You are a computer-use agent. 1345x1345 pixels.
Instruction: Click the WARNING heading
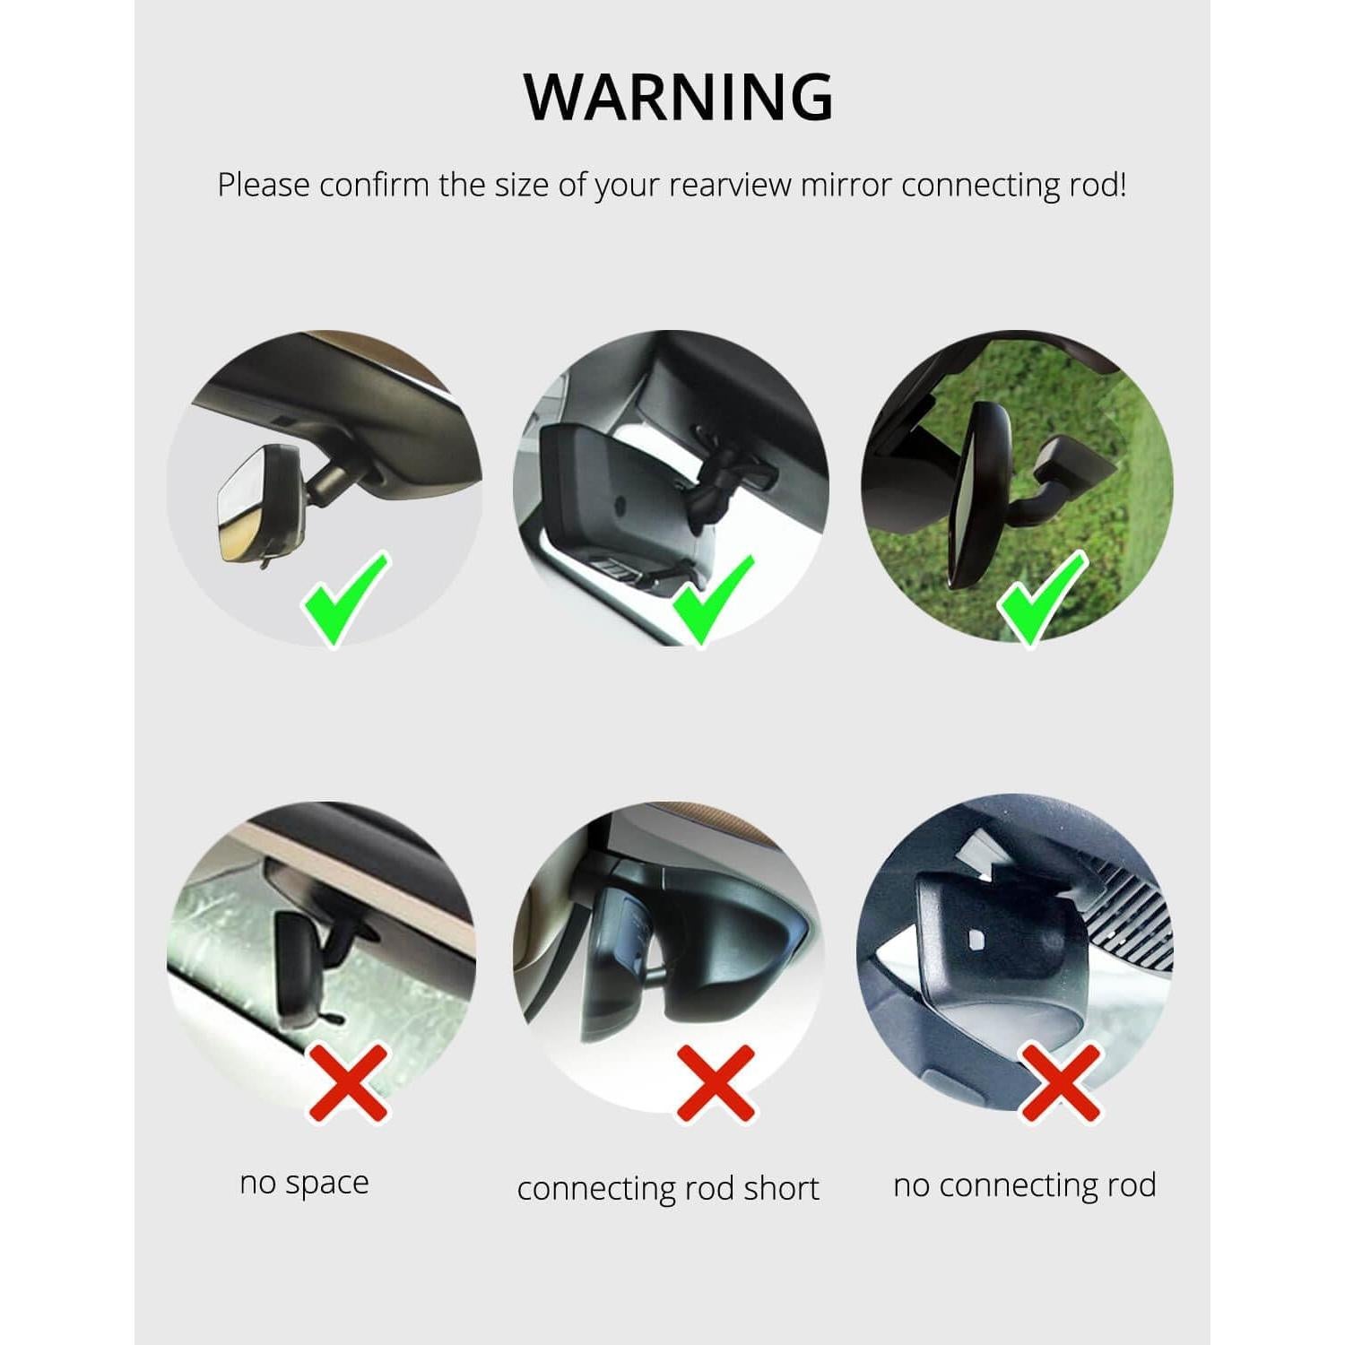(679, 96)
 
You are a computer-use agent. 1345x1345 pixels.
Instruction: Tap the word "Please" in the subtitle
(265, 186)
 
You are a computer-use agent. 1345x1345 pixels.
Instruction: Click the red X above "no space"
(349, 1082)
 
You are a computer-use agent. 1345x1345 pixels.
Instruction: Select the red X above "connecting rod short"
(715, 1082)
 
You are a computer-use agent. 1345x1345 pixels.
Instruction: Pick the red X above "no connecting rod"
(1060, 1082)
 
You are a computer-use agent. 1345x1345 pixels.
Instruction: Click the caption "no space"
(304, 1184)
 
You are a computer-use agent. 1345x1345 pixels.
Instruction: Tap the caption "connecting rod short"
(668, 1189)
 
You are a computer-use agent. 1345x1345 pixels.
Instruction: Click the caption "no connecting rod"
(1024, 1185)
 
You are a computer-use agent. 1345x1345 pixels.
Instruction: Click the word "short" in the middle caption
(782, 1189)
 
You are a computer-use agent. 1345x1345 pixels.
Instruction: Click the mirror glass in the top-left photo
(239, 511)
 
